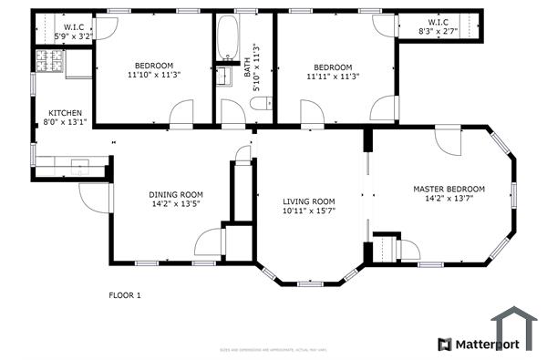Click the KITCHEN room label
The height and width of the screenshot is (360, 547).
click(x=65, y=113)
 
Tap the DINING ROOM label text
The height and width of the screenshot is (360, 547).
click(x=176, y=194)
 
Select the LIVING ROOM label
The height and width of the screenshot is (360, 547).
click(x=308, y=201)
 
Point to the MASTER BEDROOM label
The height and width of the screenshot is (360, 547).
click(x=449, y=190)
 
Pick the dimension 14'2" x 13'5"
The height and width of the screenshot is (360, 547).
click(x=176, y=204)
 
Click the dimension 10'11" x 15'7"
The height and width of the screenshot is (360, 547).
click(x=308, y=211)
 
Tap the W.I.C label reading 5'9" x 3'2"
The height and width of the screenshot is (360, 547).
click(x=74, y=36)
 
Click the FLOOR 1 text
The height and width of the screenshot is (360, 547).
click(x=125, y=295)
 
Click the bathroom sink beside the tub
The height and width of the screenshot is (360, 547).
click(x=222, y=75)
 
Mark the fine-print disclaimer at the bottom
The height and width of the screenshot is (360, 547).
click(x=273, y=349)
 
